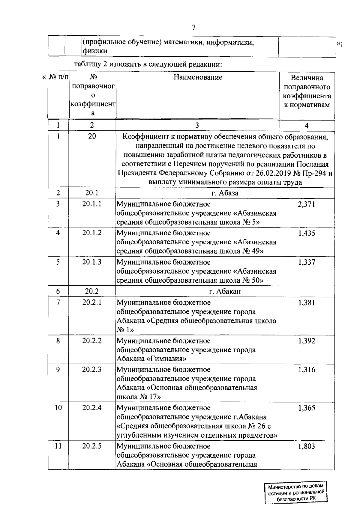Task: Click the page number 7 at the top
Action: (194, 28)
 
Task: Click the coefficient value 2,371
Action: (307, 204)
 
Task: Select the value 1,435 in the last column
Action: (307, 233)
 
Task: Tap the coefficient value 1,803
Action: (307, 446)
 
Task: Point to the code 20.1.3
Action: (92, 262)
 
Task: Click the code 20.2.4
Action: (92, 408)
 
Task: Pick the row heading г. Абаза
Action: (225, 193)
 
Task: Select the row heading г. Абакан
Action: (225, 291)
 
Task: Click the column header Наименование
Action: (198, 77)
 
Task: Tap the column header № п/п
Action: (58, 77)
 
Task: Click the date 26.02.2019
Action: (273, 174)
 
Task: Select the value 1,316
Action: (307, 370)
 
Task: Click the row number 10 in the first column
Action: (58, 408)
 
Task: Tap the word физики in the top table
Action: (95, 51)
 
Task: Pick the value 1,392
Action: (307, 341)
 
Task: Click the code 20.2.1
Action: (92, 302)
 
